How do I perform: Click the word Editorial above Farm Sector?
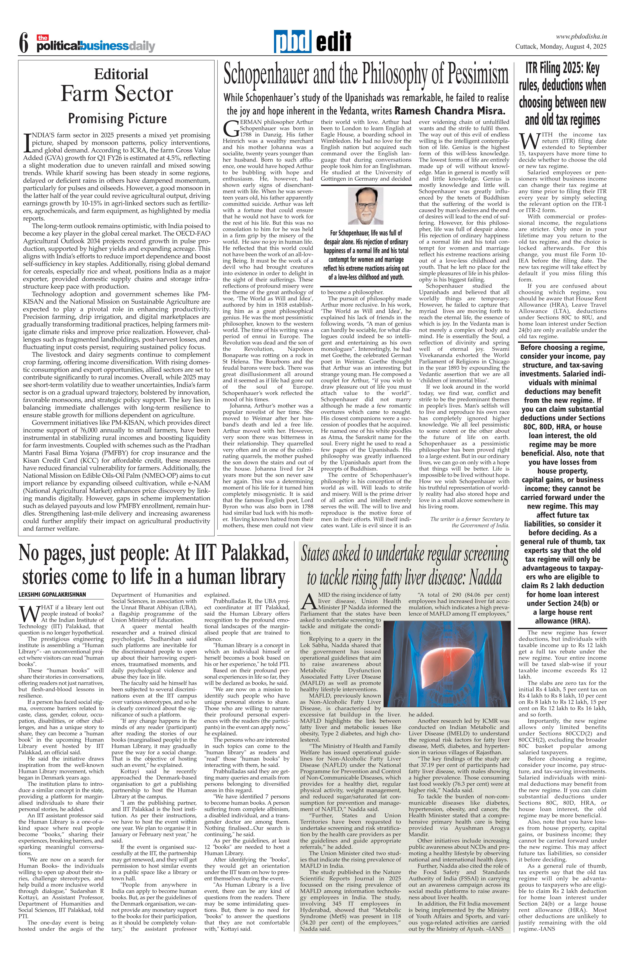click(121, 74)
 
